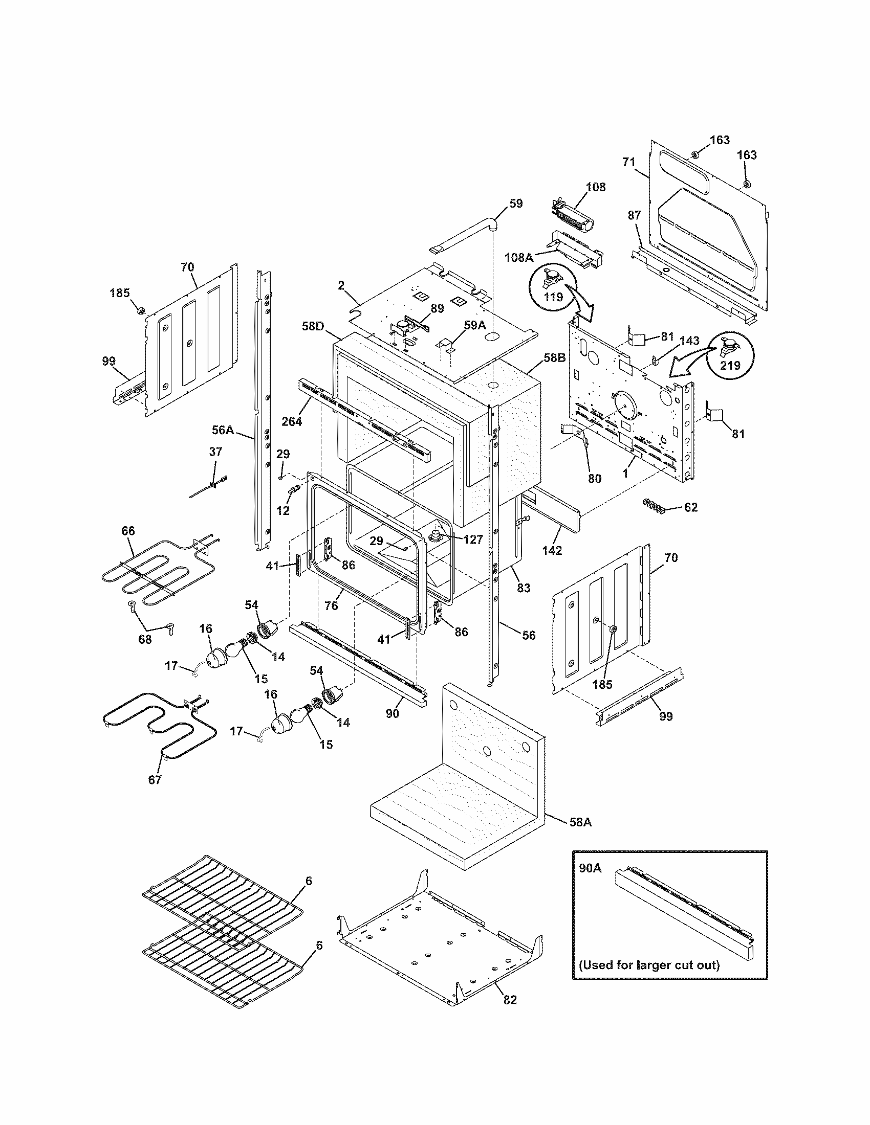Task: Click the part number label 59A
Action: (475, 326)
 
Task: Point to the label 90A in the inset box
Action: (590, 868)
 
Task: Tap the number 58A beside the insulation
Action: (581, 822)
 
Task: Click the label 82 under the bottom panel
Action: (509, 1014)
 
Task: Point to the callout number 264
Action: (292, 421)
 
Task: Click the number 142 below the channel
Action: (552, 550)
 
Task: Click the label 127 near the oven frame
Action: (473, 539)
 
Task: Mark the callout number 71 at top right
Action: (629, 162)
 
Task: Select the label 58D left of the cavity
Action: (313, 326)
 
